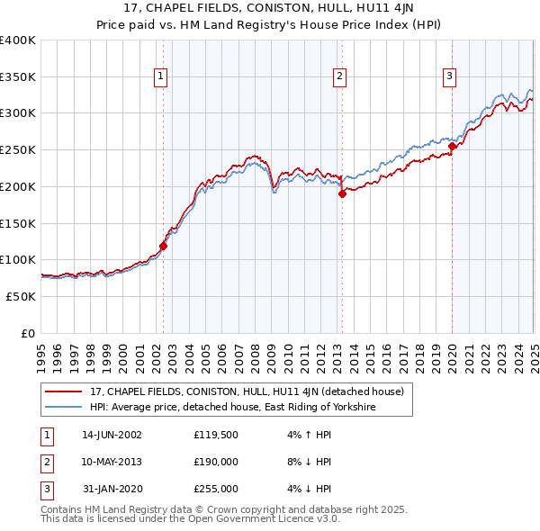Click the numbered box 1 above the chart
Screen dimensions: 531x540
point(160,77)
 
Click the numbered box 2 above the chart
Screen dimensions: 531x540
point(340,77)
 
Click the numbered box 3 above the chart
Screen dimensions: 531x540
point(449,77)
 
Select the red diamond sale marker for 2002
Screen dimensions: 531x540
point(163,246)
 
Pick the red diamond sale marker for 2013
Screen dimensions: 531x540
point(342,193)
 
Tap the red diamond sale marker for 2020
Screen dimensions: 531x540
point(452,146)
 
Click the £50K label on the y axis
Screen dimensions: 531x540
point(21,296)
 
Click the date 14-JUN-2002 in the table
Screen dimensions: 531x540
point(112,435)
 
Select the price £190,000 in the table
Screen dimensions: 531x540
point(216,462)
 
